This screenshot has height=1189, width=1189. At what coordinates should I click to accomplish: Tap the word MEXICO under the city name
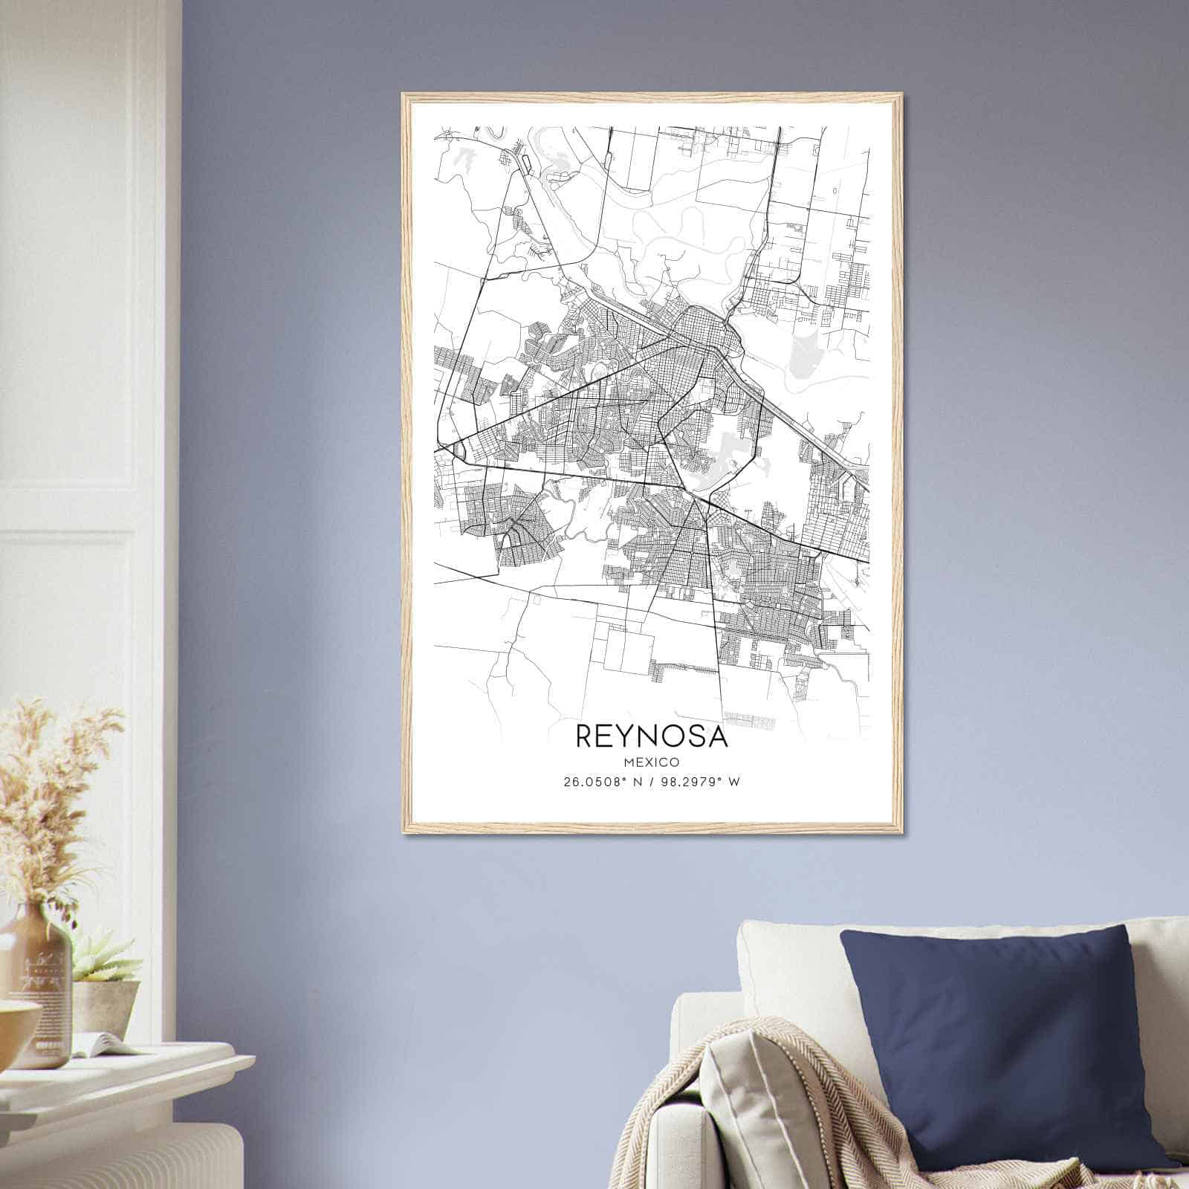(x=652, y=762)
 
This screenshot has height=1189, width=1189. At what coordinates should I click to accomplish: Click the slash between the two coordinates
(x=652, y=782)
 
